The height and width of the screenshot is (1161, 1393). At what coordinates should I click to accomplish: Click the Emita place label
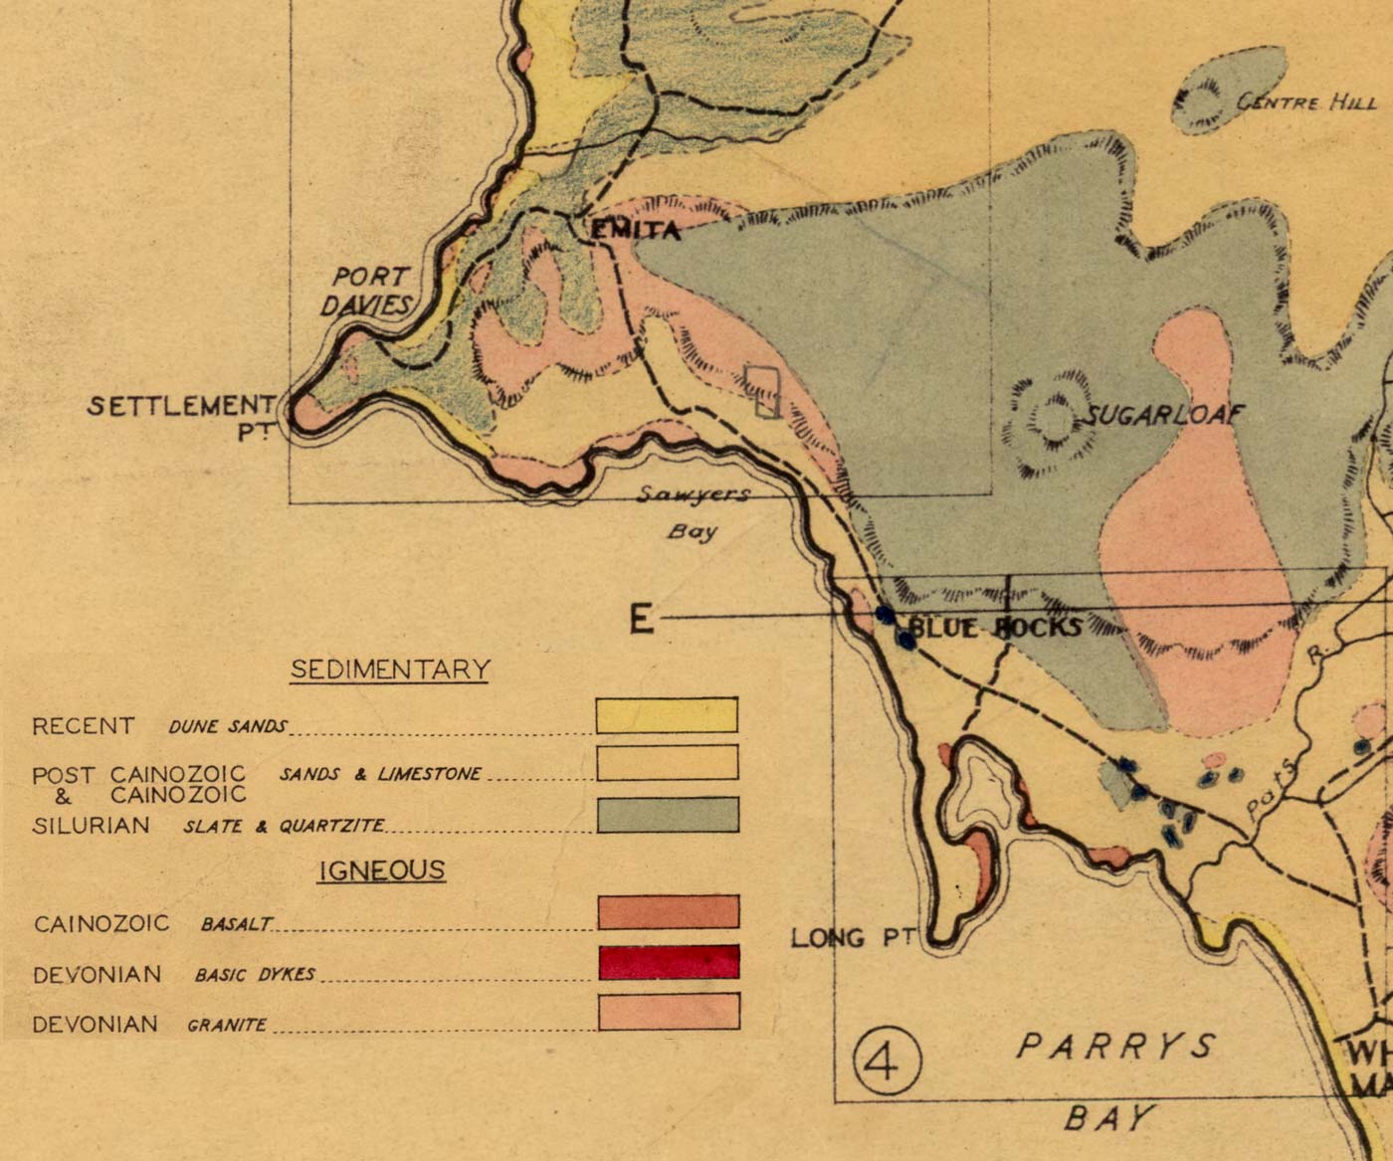tap(636, 231)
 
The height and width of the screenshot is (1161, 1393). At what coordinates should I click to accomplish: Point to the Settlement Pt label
tap(181, 415)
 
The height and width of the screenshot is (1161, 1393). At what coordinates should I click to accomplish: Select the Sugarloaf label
tap(1162, 414)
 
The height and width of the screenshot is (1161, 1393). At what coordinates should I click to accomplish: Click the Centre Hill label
tap(1305, 102)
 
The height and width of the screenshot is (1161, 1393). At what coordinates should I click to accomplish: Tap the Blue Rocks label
tap(995, 627)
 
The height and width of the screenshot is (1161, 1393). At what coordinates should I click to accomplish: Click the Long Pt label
tap(853, 937)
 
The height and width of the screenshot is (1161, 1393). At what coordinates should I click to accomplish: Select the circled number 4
tap(886, 1064)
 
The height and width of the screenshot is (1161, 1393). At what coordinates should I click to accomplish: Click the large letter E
tap(642, 620)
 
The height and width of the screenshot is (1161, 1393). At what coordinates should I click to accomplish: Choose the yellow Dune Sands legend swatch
tap(667, 715)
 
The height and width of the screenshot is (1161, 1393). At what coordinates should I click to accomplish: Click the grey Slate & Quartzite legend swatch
tap(668, 814)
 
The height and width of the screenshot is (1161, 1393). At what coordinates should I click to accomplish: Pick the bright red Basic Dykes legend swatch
tap(669, 962)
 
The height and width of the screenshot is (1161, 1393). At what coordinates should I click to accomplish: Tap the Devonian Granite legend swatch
tap(669, 1011)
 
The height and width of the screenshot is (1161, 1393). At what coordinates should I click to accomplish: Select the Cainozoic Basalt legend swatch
tap(669, 911)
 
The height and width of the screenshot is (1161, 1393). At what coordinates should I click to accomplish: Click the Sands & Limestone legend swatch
tap(667, 763)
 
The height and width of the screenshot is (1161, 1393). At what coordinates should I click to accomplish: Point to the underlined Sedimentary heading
tap(390, 670)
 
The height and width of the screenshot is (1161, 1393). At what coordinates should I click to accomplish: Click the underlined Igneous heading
tap(381, 871)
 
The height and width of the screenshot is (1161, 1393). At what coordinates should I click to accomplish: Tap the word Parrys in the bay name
tap(1115, 1046)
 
